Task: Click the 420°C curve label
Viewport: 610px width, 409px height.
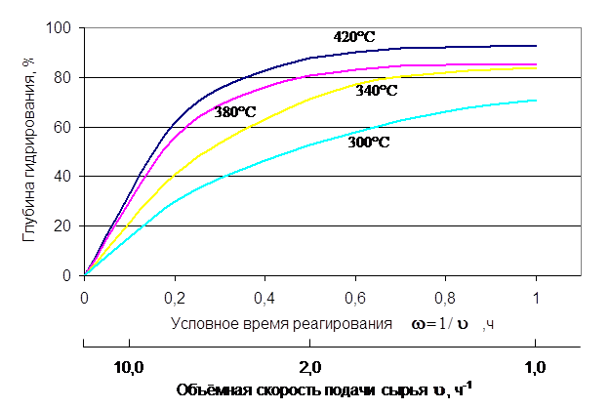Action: (x=354, y=37)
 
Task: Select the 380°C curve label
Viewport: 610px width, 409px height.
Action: (x=235, y=112)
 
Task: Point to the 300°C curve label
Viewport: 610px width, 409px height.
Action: (x=369, y=143)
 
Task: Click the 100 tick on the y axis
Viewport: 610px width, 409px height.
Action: (x=64, y=28)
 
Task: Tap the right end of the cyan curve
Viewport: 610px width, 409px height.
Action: (x=536, y=100)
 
